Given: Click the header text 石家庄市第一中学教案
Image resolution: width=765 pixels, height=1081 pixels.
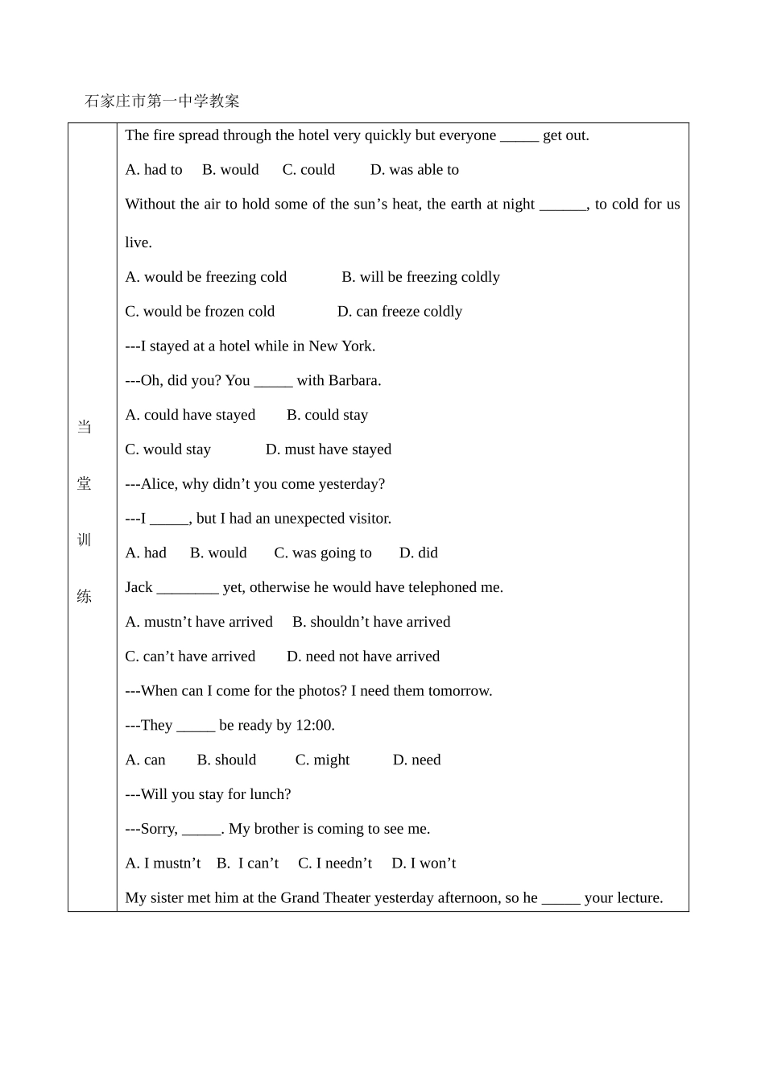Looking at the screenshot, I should [162, 101].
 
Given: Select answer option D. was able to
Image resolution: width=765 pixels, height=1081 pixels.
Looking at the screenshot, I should [414, 170].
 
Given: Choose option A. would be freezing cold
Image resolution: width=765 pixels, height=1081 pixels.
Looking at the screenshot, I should [206, 277].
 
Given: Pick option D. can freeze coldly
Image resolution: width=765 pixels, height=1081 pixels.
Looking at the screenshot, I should [399, 312].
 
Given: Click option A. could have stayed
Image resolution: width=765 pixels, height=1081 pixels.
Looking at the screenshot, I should [190, 415].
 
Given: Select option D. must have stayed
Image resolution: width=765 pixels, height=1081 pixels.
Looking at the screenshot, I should [329, 449].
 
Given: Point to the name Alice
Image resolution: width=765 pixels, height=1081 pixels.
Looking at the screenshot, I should [159, 484].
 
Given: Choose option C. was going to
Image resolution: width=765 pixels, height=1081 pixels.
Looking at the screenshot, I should [323, 553].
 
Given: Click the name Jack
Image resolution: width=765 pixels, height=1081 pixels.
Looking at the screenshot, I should [139, 587].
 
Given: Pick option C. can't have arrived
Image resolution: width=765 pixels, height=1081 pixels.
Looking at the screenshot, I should [190, 656].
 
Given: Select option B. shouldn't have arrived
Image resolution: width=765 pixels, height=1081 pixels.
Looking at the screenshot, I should [371, 622].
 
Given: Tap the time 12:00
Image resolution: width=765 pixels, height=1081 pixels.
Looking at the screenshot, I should [314, 726].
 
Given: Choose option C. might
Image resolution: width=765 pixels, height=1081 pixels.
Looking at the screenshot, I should [322, 760].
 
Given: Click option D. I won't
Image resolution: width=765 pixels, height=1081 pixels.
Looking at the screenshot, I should [424, 864].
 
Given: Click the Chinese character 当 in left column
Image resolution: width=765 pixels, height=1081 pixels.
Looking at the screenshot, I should [85, 427].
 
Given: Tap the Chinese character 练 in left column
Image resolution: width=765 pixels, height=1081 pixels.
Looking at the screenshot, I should [85, 596].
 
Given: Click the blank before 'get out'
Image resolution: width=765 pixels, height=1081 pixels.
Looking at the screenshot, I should [519, 136].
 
